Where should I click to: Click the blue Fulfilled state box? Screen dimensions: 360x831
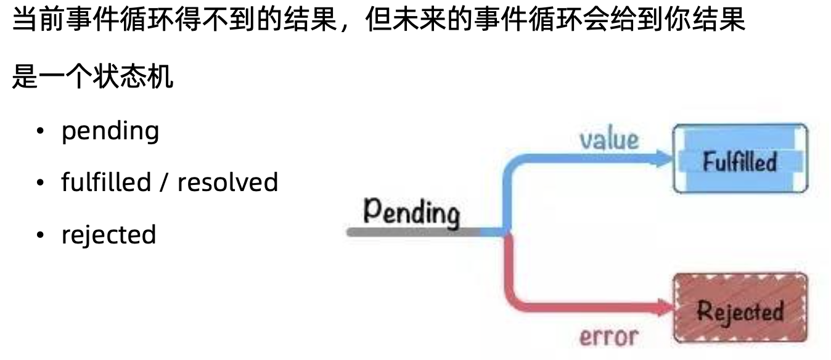click(x=740, y=159)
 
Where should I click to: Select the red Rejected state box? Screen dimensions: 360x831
click(x=740, y=308)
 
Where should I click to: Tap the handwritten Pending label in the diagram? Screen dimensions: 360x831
click(x=411, y=213)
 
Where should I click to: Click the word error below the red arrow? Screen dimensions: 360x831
click(x=608, y=337)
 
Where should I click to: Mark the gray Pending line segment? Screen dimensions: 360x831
click(x=413, y=232)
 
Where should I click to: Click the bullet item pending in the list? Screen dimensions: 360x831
click(x=110, y=131)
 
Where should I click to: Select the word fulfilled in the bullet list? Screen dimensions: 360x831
click(x=105, y=182)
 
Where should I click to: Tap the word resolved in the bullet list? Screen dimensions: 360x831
click(x=228, y=182)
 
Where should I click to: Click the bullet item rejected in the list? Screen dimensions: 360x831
click(x=108, y=235)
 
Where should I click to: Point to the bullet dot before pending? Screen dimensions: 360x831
click(x=40, y=131)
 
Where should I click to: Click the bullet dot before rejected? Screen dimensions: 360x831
click(x=40, y=235)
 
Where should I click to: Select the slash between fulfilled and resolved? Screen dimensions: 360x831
click(x=164, y=182)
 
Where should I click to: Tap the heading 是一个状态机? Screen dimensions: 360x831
click(x=92, y=78)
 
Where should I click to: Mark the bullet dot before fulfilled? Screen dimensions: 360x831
click(x=40, y=183)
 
